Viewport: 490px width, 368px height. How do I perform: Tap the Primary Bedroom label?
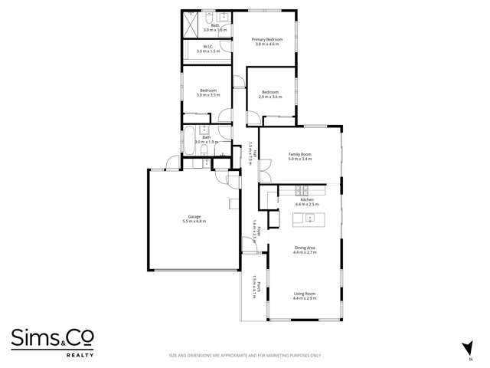click(x=267, y=39)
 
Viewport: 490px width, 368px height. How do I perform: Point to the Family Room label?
click(x=300, y=154)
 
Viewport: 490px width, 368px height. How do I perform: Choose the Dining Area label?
click(x=305, y=248)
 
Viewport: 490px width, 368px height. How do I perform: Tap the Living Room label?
click(x=304, y=294)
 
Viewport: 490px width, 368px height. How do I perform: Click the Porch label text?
click(x=259, y=288)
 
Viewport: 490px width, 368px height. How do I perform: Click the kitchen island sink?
click(x=309, y=219)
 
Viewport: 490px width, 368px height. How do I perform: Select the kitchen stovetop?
click(x=301, y=189)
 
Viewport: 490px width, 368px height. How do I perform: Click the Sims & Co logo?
click(x=47, y=337)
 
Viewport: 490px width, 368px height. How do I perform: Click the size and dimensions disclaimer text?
click(x=244, y=356)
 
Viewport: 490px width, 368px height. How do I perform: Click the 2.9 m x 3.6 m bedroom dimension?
click(x=270, y=97)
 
